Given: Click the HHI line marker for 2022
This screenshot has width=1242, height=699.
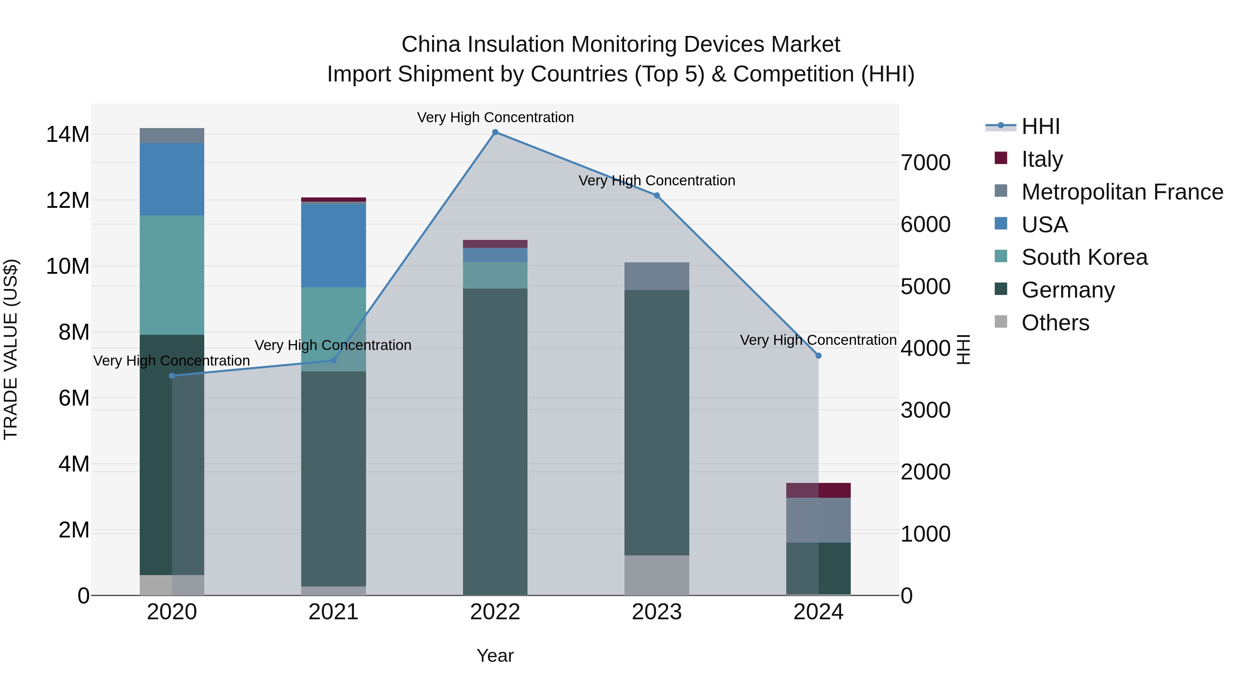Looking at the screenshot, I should tap(495, 132).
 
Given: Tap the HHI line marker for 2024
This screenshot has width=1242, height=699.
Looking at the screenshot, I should tap(818, 356).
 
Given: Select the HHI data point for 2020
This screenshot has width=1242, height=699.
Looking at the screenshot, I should tap(172, 376).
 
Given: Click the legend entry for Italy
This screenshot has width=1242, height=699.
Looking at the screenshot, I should tap(1042, 159).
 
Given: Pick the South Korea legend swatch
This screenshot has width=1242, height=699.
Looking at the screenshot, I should tap(1001, 256).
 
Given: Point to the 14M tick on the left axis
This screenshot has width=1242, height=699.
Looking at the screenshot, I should tap(68, 134).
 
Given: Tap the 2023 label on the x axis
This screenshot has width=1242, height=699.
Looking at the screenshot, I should tap(657, 612).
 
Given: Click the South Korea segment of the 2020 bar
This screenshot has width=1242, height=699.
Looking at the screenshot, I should tap(172, 275).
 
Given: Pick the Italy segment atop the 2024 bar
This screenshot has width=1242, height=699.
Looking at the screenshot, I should tap(818, 490).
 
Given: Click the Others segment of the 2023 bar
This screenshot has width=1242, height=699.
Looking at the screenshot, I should tap(657, 575).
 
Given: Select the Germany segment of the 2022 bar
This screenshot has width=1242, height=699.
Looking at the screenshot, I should tap(495, 441).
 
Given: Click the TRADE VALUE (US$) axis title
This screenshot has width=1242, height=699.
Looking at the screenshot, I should tap(11, 349).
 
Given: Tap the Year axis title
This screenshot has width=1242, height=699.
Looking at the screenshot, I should tap(495, 656).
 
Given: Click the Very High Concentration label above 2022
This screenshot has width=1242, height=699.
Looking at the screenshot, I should tap(495, 117).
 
